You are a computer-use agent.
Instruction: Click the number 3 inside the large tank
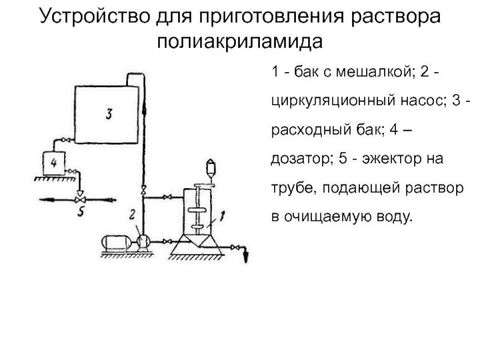pos(109,113)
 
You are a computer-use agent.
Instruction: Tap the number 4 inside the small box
pos(54,163)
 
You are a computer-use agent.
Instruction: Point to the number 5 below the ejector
pos(81,211)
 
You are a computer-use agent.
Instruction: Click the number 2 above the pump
pos(132,215)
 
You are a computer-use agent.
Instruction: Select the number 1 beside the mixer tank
pos(223,216)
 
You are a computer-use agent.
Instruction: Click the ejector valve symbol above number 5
pos(80,200)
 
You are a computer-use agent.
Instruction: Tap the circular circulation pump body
pos(143,242)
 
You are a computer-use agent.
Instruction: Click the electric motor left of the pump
pos(116,242)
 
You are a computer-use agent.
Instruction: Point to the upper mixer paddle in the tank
pos(197,211)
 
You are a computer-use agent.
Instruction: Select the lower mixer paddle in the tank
pos(197,227)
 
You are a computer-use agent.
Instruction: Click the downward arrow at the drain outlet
pos(245,257)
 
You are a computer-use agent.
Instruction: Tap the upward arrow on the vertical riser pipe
pos(144,109)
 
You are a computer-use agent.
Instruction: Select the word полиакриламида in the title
pos(239,41)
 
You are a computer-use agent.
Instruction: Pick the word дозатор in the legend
pos(302,159)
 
